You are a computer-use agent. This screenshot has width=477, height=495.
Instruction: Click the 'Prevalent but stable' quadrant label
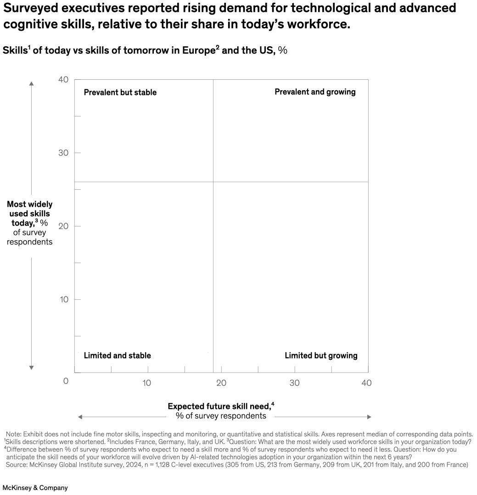tap(120, 93)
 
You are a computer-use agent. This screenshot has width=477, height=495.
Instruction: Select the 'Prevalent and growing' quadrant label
tap(315, 92)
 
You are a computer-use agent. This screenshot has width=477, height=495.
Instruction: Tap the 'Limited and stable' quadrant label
tap(117, 356)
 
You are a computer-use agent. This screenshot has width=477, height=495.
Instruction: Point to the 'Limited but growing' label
tap(321, 356)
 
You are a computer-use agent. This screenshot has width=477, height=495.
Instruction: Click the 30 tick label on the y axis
tap(63, 153)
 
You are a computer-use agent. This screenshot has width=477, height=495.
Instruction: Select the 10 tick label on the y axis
tap(63, 299)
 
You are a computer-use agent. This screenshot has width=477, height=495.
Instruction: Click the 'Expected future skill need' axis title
tap(221, 406)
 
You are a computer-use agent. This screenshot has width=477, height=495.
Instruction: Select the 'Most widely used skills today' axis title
tap(30, 214)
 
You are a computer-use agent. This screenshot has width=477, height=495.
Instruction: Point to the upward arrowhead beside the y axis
tap(31, 84)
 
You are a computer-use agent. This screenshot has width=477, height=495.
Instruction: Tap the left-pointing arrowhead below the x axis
tap(80, 417)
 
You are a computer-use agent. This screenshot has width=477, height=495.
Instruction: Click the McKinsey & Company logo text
tap(35, 488)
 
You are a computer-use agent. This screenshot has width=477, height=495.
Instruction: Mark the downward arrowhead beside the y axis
tap(31, 367)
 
